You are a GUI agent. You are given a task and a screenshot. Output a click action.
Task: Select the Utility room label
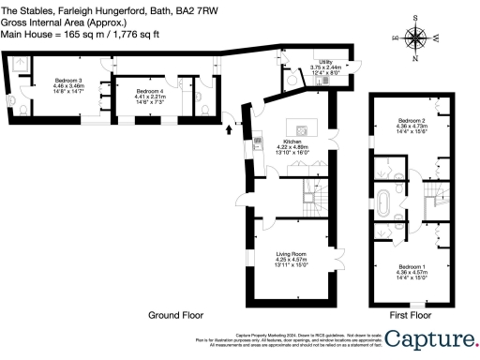click(x=325, y=61)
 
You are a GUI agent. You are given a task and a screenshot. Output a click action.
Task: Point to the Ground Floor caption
click(x=176, y=316)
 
